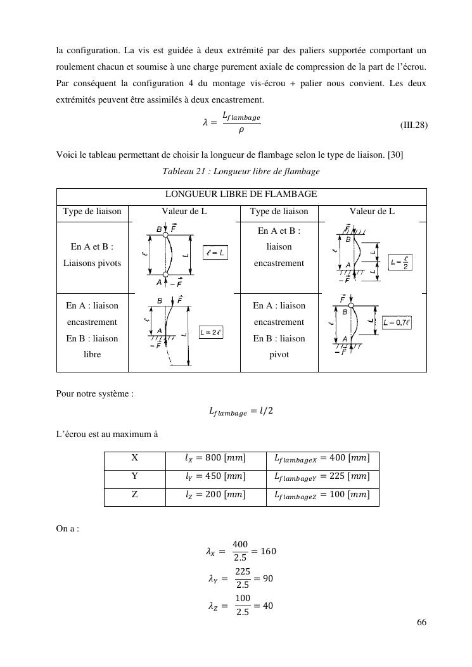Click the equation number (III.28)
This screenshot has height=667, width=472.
(x=414, y=125)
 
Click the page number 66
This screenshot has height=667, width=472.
(x=421, y=623)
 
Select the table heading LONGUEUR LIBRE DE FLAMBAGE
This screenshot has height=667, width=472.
(x=241, y=194)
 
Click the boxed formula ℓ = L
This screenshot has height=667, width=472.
(x=215, y=253)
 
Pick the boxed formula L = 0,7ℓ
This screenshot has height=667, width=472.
(x=397, y=322)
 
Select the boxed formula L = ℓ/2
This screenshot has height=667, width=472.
(x=400, y=263)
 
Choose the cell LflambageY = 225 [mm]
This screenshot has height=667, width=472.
(x=322, y=476)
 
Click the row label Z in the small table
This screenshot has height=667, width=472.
(x=134, y=495)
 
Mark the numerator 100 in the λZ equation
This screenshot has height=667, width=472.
(x=241, y=599)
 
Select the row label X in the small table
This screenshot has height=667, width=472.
(x=134, y=458)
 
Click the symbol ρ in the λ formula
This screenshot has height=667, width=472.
(x=241, y=131)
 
